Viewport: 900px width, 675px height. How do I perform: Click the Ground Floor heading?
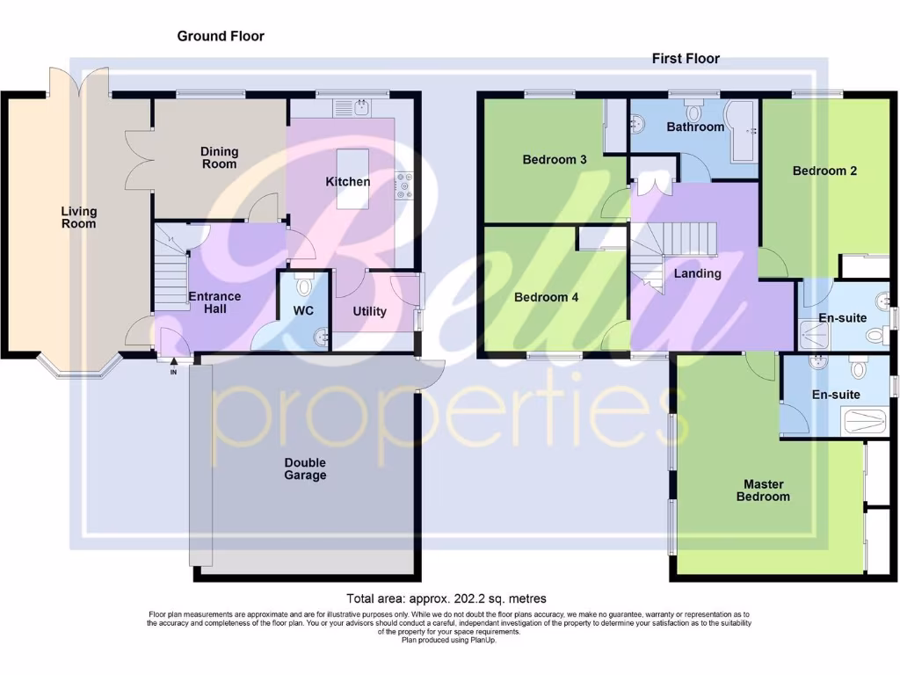tap(221, 36)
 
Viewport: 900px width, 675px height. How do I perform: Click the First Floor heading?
tap(686, 59)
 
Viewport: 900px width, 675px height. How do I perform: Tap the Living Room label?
tap(79, 217)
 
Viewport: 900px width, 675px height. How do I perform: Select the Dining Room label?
tap(219, 158)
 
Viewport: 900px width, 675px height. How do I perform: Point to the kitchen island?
tap(355, 178)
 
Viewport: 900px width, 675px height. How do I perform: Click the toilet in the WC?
tap(305, 286)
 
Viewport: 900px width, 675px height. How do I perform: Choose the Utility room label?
tap(369, 311)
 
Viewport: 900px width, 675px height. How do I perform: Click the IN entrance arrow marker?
tap(173, 362)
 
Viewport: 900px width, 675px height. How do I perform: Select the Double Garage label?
tap(305, 469)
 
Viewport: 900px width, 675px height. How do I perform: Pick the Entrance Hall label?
tap(214, 302)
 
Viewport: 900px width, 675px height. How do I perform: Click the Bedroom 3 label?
tap(555, 160)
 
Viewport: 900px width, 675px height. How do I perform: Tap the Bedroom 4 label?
tap(546, 297)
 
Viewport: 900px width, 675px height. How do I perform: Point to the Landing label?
tap(697, 273)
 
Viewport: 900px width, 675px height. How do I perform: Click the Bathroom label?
tap(695, 127)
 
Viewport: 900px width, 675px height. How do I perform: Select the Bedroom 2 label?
tap(824, 171)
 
